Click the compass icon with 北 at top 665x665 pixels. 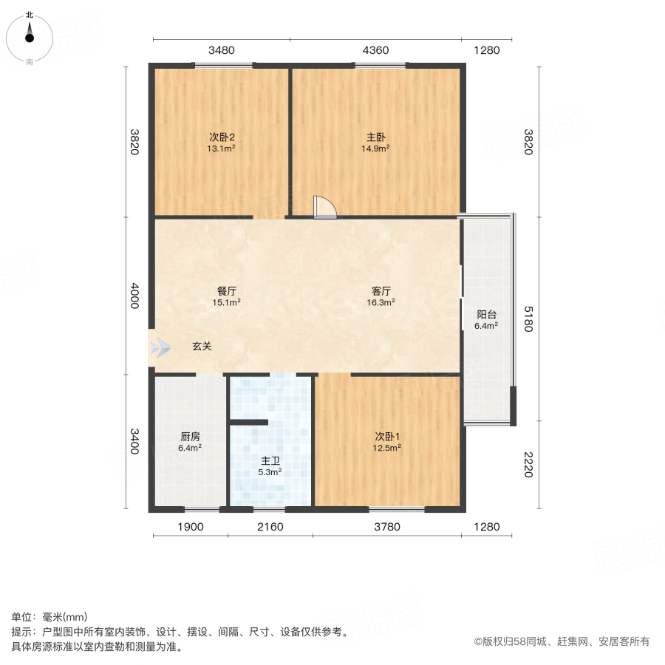click(x=30, y=35)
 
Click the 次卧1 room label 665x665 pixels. click(x=386, y=436)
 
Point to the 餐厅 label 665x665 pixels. click(x=227, y=290)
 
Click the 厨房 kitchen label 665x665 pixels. click(x=190, y=436)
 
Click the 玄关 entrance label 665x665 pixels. click(x=202, y=346)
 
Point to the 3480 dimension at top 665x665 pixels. click(x=222, y=51)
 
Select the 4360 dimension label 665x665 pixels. click(x=375, y=51)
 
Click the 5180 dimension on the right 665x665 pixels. click(x=528, y=318)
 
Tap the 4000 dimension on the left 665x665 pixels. click(x=134, y=296)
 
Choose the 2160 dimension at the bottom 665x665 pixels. click(x=270, y=527)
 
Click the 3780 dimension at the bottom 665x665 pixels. click(x=387, y=527)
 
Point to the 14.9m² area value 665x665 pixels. click(x=375, y=148)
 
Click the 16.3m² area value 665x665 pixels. click(x=381, y=301)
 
